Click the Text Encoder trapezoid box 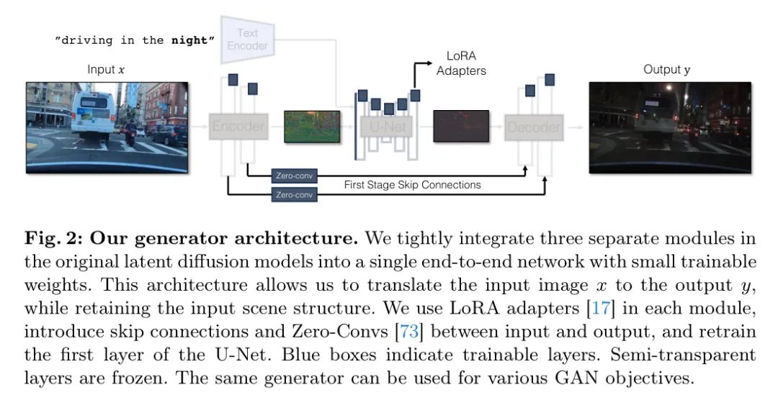[x=247, y=39]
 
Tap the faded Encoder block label [x=238, y=127]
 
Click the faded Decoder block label [x=533, y=127]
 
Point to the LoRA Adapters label [x=461, y=63]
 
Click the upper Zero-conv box [x=294, y=175]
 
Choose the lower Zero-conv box [x=294, y=194]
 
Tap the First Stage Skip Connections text [x=412, y=185]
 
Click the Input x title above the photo [x=107, y=70]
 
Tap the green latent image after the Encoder [x=310, y=126]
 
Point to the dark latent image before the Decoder [x=461, y=126]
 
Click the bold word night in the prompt [x=192, y=40]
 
